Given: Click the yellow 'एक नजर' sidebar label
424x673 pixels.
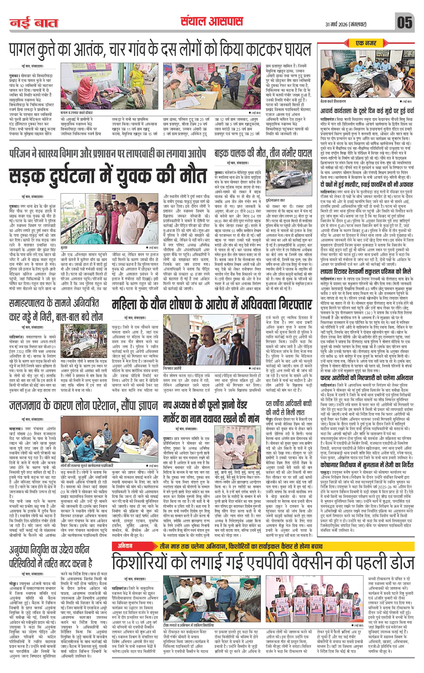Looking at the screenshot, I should point(366,43).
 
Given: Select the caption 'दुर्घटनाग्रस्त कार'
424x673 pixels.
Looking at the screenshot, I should point(277,200).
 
